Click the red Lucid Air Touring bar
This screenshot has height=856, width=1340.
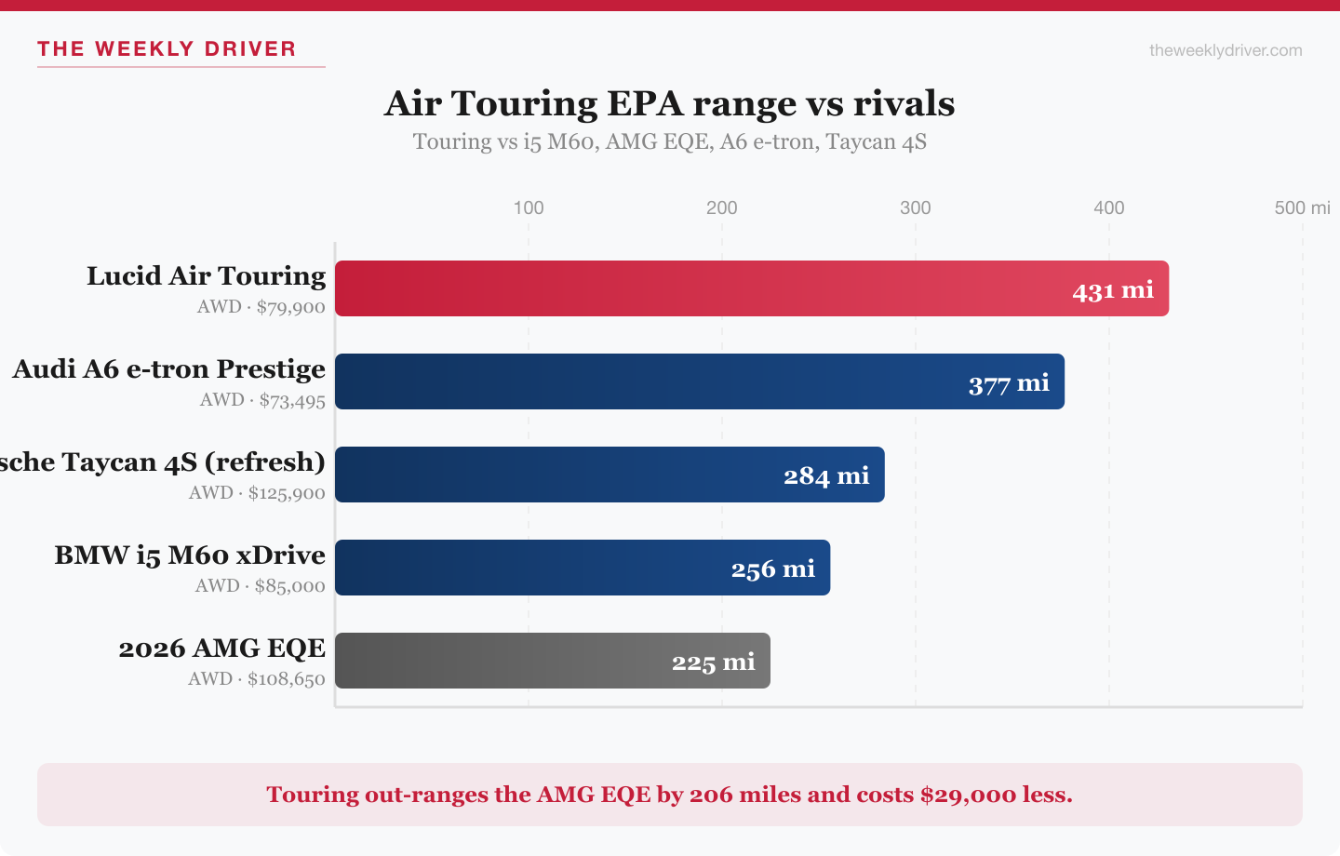click(698, 288)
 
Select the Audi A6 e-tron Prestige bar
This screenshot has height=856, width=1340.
click(651, 381)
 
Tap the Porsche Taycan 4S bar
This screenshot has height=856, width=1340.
click(558, 475)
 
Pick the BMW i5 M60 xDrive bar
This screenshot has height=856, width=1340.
click(530, 568)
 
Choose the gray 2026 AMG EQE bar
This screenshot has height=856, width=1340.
click(502, 661)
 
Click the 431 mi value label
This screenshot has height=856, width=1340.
click(1113, 290)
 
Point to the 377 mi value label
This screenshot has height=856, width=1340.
click(1009, 383)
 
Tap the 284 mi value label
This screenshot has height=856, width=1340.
click(826, 476)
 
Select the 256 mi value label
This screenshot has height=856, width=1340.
click(772, 569)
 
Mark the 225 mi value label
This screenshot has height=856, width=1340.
click(714, 662)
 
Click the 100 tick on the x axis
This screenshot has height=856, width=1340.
click(529, 207)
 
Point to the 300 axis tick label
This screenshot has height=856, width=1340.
click(916, 207)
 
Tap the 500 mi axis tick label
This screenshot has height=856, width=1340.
click(1302, 207)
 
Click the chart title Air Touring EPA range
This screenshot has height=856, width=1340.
click(670, 103)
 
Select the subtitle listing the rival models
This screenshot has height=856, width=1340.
click(670, 141)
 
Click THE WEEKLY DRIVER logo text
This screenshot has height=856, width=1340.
click(167, 49)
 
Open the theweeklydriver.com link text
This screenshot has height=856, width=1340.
click(1226, 50)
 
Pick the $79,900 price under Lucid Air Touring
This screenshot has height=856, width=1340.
click(291, 307)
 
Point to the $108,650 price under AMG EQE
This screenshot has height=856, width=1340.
click(287, 679)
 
